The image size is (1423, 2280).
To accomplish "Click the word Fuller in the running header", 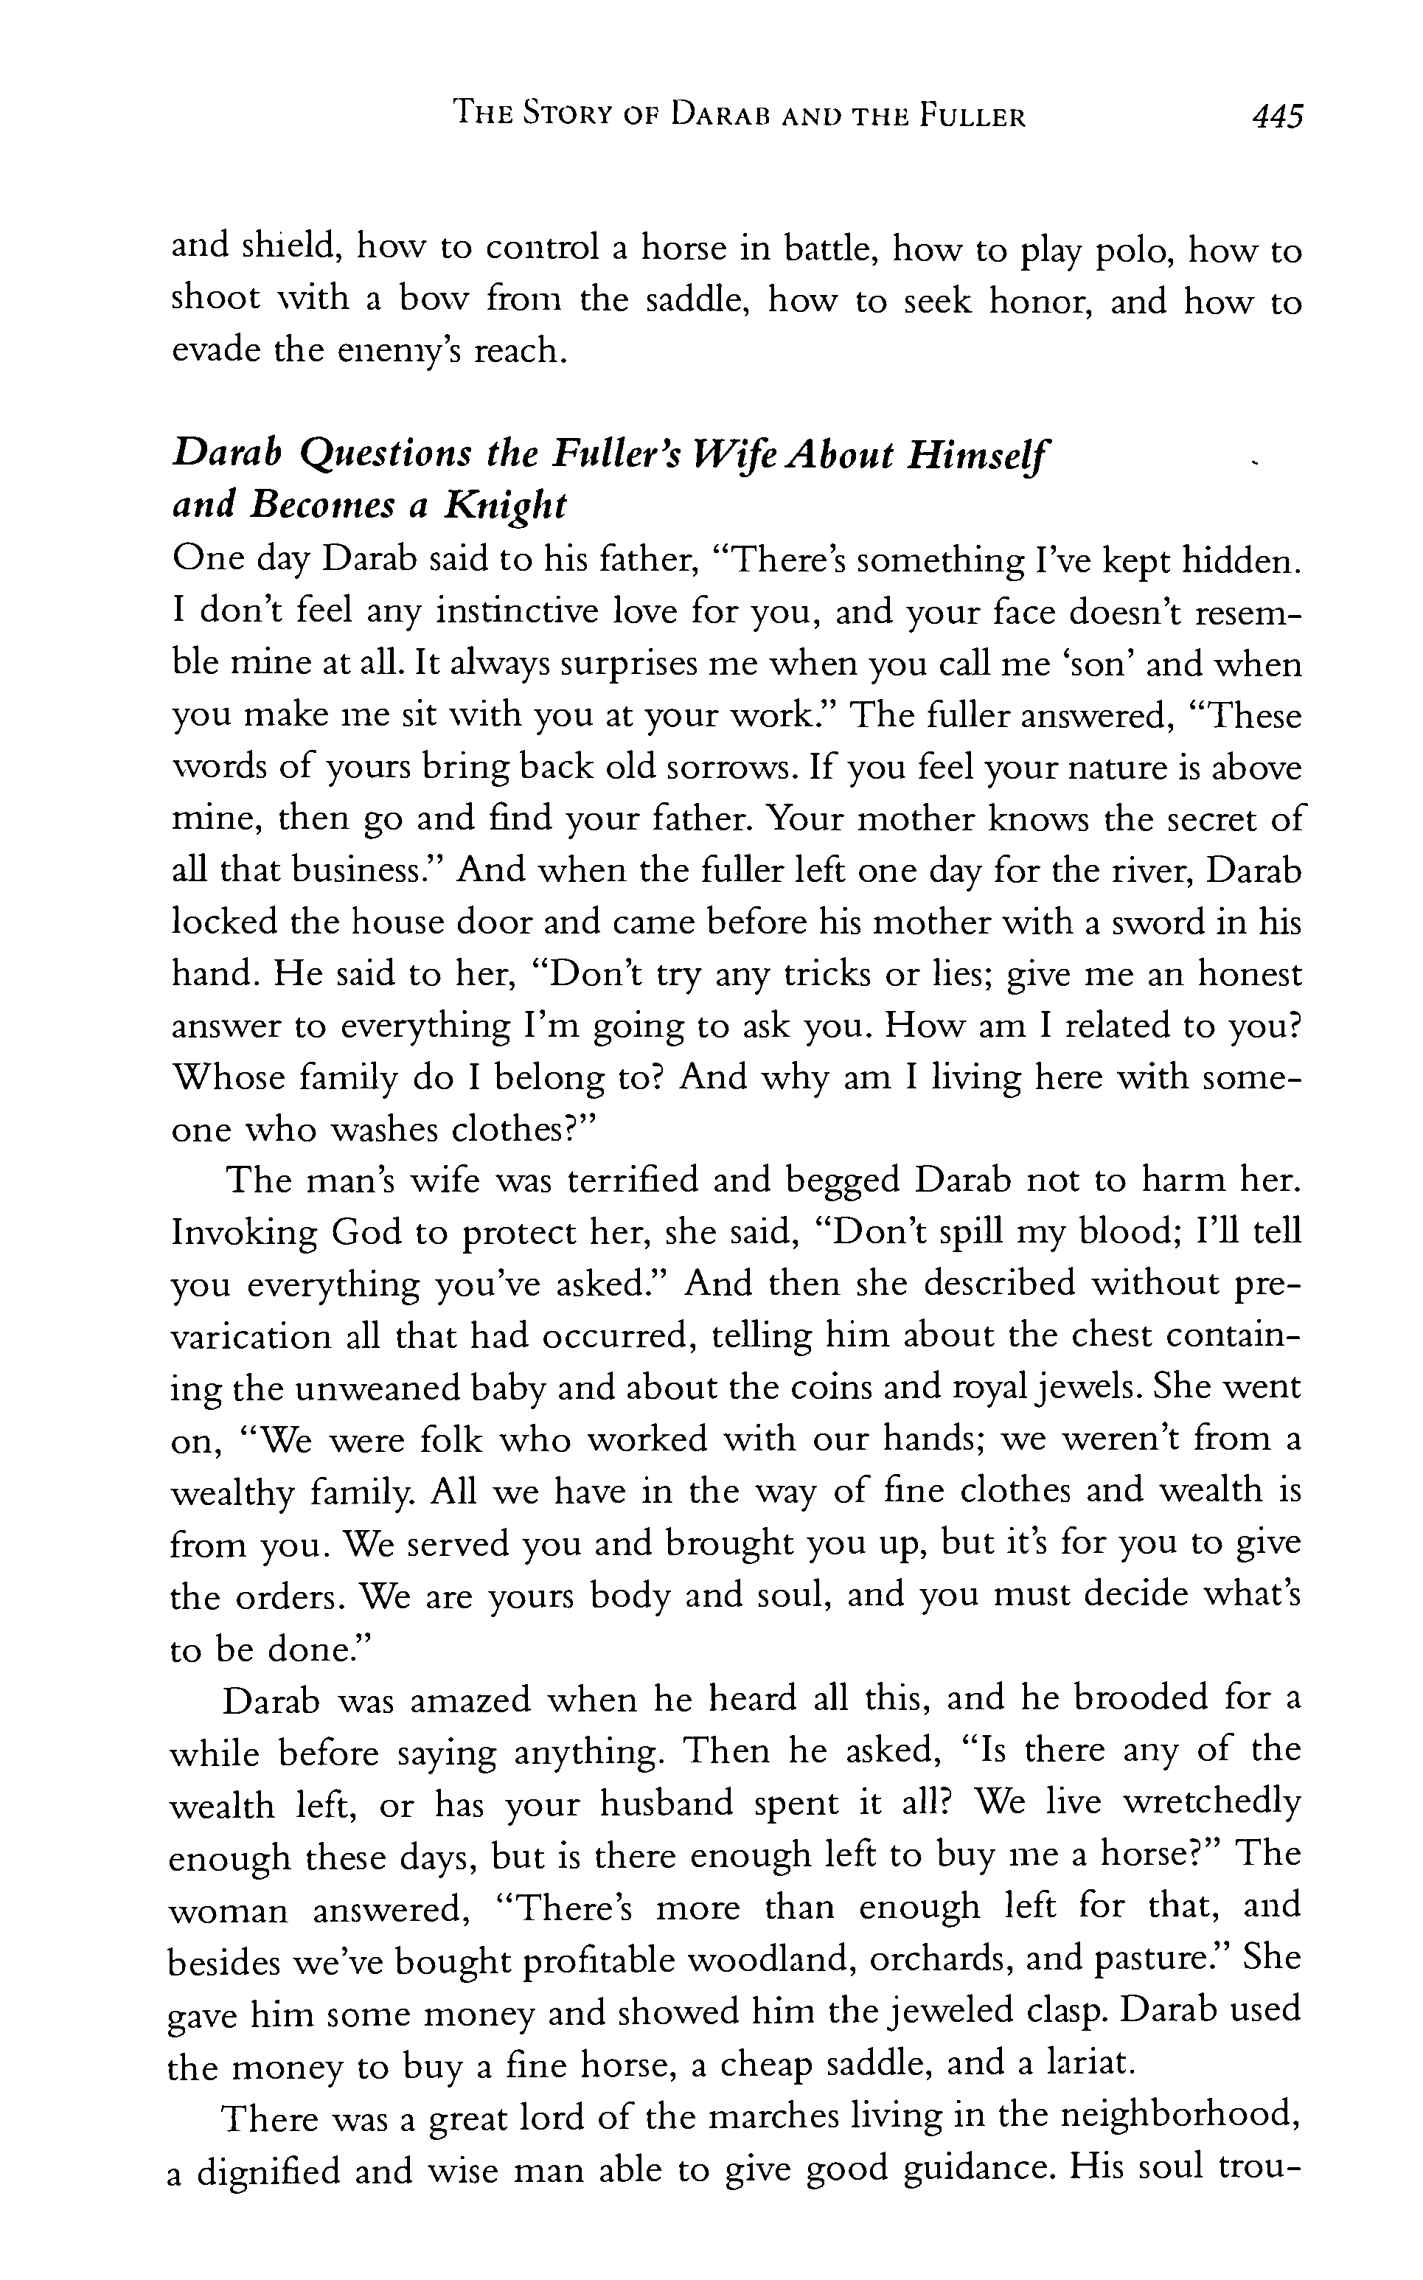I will (x=973, y=117).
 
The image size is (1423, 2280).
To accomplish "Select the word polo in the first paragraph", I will (x=1133, y=251).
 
